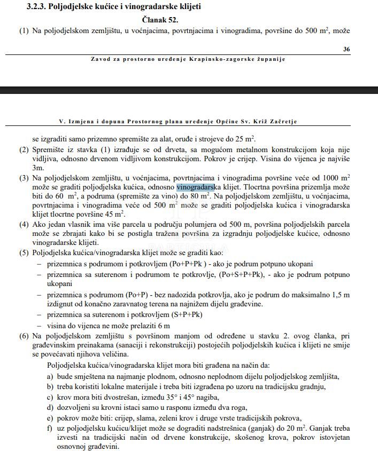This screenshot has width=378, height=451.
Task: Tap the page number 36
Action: click(346, 49)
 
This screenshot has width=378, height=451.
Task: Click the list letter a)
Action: click(50, 376)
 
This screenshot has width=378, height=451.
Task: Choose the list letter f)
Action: click(50, 428)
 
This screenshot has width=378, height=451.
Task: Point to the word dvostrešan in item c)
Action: click(111, 397)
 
